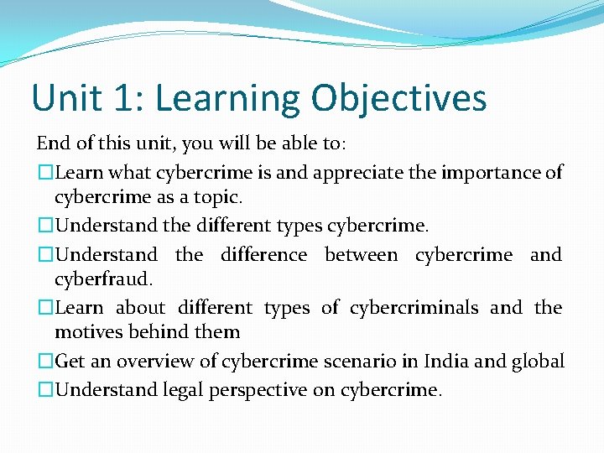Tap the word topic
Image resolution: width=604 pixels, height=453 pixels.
222,198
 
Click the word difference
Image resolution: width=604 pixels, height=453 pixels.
263,254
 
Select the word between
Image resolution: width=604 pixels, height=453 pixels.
361,254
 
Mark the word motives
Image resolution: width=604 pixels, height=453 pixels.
88,332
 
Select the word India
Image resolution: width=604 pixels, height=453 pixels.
447,362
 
